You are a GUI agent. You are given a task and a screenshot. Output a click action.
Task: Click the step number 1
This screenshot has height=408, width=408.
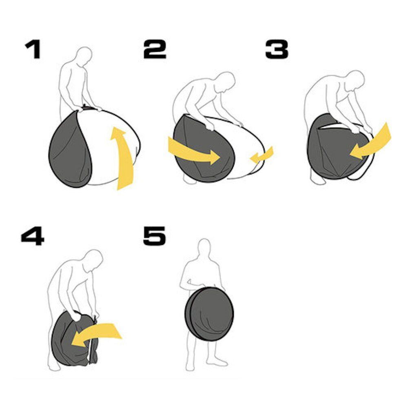click(x=33, y=49)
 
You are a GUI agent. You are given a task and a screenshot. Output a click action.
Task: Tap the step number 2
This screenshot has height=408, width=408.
click(x=155, y=49)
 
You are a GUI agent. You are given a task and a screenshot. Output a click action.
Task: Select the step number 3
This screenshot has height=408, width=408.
click(x=277, y=49)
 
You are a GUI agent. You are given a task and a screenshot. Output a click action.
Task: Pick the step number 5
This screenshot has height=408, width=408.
click(x=155, y=236)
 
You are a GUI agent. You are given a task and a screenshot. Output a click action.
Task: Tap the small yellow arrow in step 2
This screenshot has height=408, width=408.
click(x=262, y=155)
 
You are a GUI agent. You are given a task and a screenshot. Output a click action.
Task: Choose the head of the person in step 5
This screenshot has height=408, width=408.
click(x=204, y=248)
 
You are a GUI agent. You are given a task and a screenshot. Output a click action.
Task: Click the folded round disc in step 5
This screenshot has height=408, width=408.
click(x=209, y=314)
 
